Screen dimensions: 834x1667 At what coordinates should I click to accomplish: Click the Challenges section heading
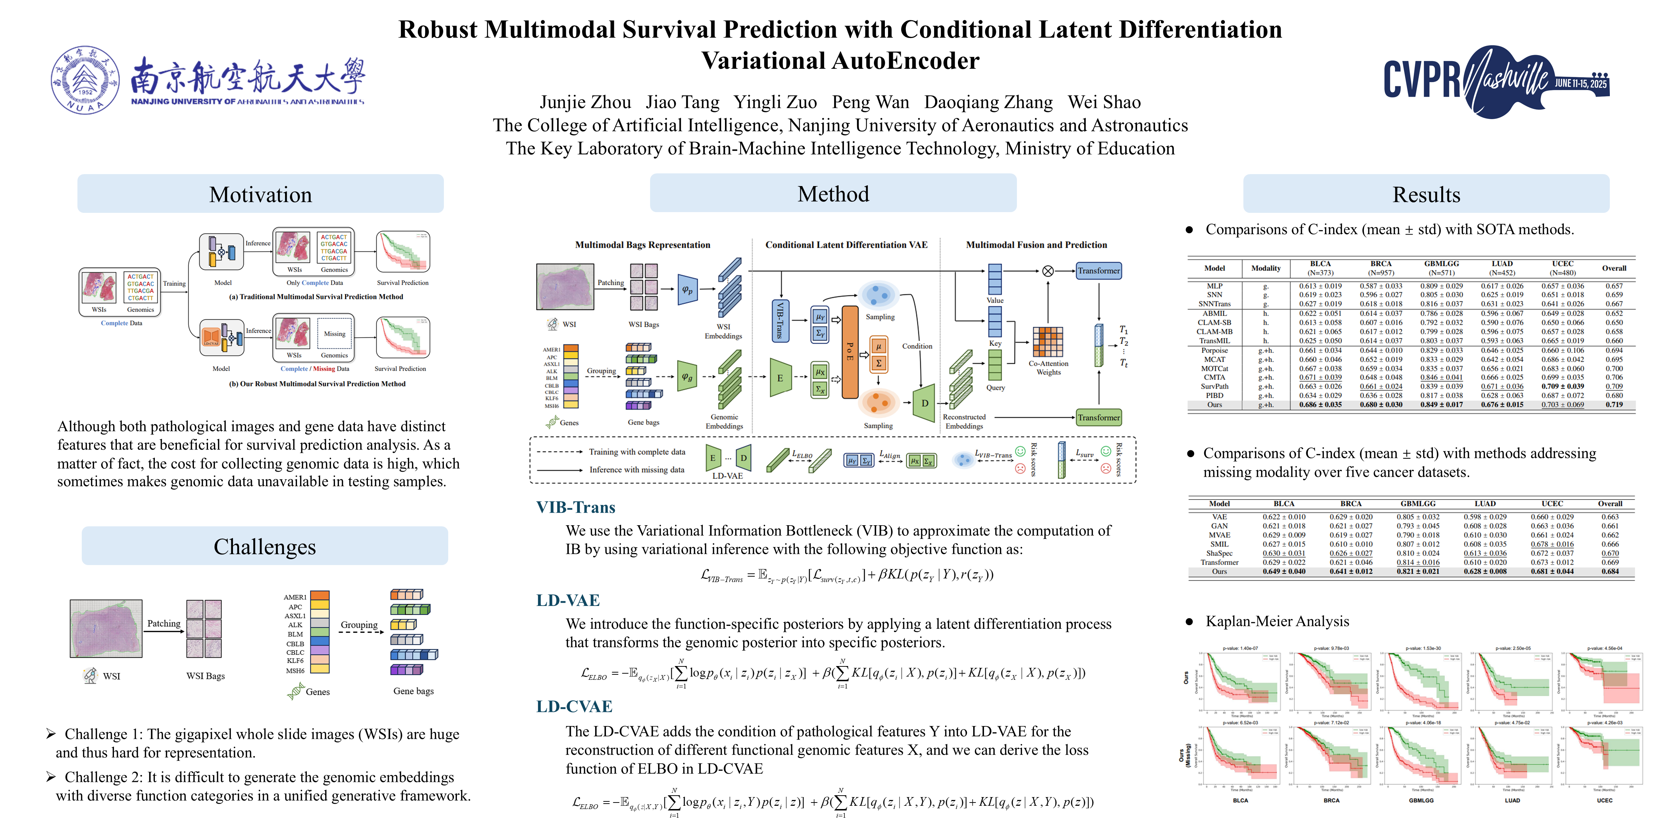265,547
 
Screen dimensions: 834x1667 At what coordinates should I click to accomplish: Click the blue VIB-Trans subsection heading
575,507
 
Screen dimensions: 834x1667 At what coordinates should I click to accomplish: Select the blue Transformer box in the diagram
1098,271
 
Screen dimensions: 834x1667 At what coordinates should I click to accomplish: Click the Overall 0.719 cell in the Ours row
1614,405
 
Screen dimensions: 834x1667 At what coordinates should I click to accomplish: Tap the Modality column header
1266,268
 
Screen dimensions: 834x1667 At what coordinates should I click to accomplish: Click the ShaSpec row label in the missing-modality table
1219,553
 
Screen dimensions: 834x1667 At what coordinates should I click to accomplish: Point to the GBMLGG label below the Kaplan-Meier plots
1421,800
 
